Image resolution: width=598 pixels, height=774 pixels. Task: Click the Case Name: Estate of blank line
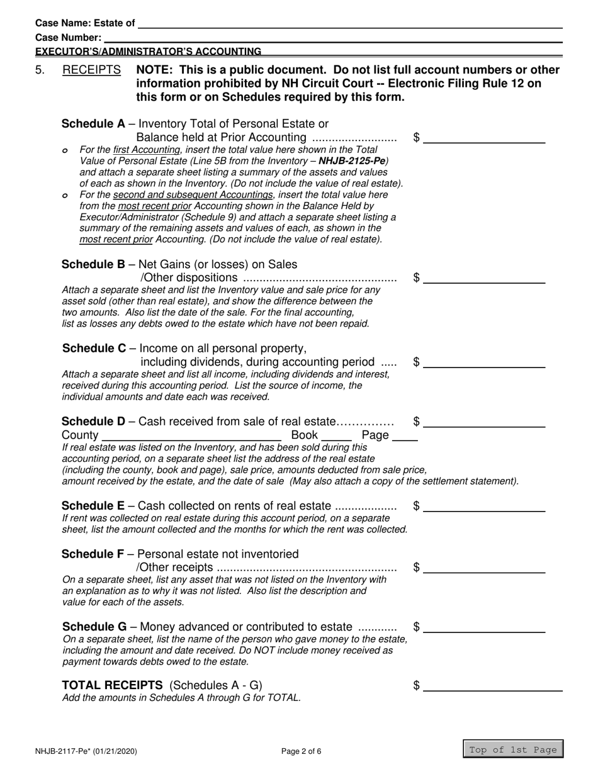[349, 23]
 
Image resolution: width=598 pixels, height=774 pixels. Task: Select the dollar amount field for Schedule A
[484, 138]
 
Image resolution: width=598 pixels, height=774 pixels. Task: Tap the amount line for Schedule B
[484, 278]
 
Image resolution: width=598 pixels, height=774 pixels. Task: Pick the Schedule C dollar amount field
[484, 361]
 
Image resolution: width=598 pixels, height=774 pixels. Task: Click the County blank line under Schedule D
[191, 435]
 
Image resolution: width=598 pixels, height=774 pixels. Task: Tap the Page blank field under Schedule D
[407, 435]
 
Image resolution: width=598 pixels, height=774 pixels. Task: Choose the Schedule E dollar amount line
[484, 505]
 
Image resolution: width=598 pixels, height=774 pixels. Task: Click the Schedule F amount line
[484, 567]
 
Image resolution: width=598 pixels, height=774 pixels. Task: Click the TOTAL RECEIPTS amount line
[492, 686]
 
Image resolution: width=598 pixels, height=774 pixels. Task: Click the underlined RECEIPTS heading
[92, 70]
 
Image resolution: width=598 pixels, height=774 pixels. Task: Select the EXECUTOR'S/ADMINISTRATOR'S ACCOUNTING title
[149, 51]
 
